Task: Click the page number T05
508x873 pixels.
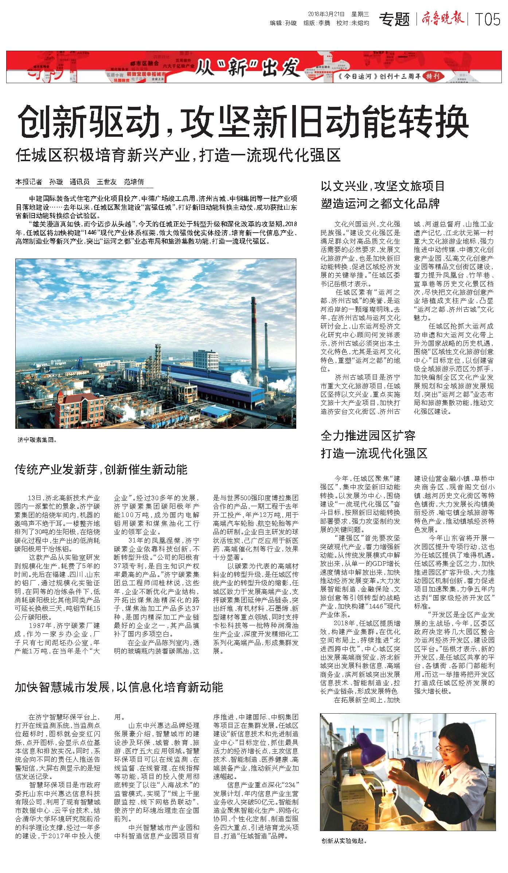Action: pos(487,20)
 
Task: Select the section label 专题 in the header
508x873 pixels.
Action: pos(394,19)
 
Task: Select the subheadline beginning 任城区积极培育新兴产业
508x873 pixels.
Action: pos(178,155)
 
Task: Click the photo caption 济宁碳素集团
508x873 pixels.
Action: pos(37,440)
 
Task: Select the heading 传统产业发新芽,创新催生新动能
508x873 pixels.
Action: pos(101,469)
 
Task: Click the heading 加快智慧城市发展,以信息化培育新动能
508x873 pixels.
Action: pos(119,687)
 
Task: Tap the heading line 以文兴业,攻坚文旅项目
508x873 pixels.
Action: pos(383,186)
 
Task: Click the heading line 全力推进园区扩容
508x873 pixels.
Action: pos(368,435)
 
